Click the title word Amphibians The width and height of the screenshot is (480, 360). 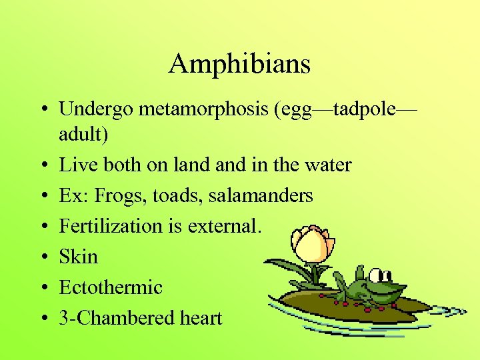pos(240,64)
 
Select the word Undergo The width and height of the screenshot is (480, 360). pos(96,109)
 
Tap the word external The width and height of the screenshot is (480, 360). pos(224,226)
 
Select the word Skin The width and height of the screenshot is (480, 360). pos(78,257)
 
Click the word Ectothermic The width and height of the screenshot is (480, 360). pos(111,287)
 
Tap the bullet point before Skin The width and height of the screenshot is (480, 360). pos(41,257)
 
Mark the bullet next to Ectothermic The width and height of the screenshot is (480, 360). pos(41,288)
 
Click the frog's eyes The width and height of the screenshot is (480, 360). pos(380,275)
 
